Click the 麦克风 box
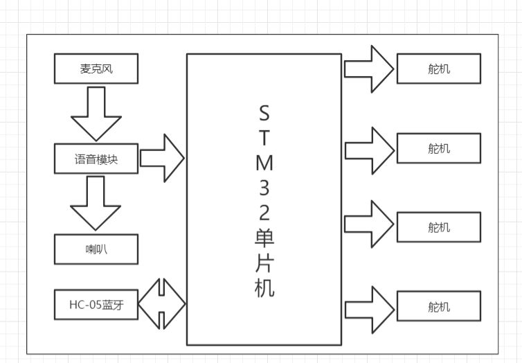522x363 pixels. tap(96, 69)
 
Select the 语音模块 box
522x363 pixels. tap(96, 159)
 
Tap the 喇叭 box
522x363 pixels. tap(96, 249)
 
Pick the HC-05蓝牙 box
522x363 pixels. tap(96, 305)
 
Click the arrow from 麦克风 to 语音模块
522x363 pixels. tap(96, 114)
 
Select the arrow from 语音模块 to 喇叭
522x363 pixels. tap(96, 203)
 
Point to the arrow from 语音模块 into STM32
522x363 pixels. tap(162, 158)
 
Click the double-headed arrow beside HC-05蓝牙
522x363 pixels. tap(162, 303)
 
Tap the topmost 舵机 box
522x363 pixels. tap(439, 69)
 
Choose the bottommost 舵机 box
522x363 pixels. tap(439, 306)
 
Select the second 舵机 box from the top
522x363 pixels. tap(439, 148)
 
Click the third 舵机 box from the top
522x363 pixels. tap(439, 227)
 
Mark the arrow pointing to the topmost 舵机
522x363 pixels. tap(369, 69)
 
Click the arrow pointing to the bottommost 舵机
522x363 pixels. tap(370, 310)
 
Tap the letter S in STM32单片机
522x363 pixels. tap(264, 113)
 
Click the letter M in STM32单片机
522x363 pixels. tap(264, 163)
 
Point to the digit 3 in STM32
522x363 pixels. tap(264, 188)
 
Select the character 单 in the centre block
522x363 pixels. tap(264, 238)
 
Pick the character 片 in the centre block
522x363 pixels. tap(264, 263)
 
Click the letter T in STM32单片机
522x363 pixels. tap(264, 138)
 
